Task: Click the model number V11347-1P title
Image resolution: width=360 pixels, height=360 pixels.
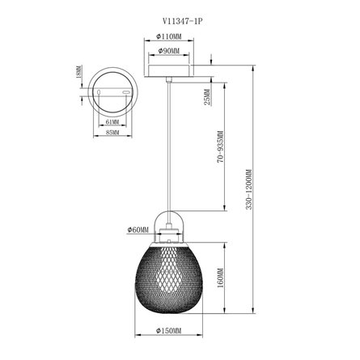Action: [182, 21]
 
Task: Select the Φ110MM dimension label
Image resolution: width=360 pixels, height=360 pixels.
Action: [169, 36]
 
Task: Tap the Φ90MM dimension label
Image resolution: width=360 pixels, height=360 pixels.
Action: [169, 50]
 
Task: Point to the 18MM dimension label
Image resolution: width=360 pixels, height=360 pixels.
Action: [78, 72]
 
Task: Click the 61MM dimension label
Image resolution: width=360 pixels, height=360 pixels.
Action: [112, 122]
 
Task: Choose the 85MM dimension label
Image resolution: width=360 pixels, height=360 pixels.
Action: [112, 133]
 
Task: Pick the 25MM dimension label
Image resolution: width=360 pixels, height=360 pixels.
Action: [207, 97]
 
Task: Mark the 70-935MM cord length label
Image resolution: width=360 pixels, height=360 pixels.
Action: [221, 147]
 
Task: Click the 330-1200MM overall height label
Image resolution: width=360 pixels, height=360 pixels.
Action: [248, 189]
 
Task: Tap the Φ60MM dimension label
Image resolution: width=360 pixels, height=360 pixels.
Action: [138, 230]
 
